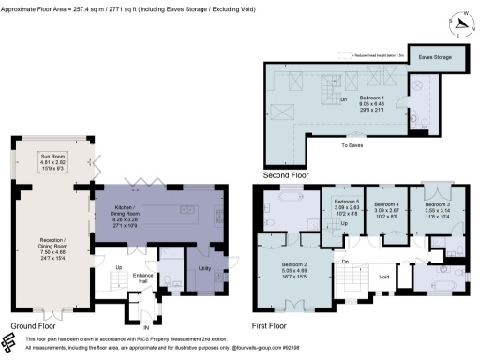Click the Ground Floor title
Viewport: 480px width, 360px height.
pyautogui.click(x=29, y=326)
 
